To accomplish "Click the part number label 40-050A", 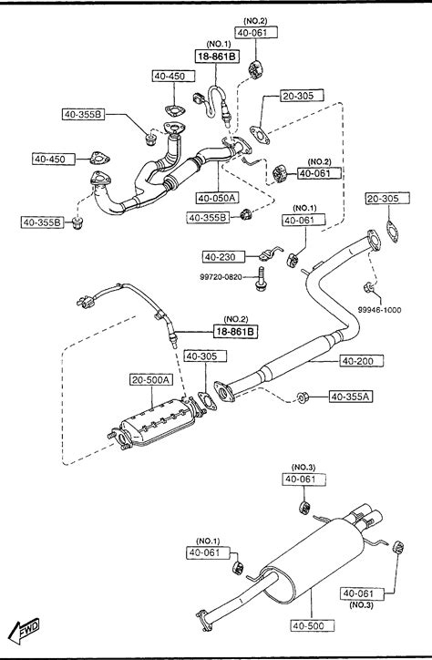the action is (x=218, y=198).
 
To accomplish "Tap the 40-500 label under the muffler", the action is (x=312, y=625).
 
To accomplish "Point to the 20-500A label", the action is (x=151, y=379).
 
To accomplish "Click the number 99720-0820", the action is (x=221, y=277).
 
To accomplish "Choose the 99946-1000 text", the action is (x=379, y=310).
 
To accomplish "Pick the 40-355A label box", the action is (x=351, y=397).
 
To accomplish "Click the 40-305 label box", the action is (x=206, y=356).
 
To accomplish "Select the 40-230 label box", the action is (x=224, y=257).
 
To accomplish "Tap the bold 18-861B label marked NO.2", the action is (x=235, y=332).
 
